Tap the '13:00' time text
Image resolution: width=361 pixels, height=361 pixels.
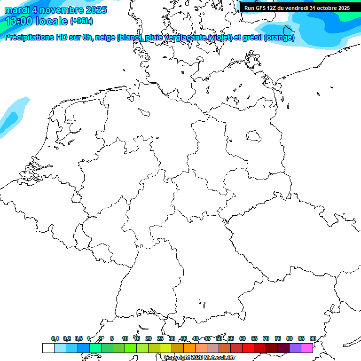pyautogui.click(x=19, y=21)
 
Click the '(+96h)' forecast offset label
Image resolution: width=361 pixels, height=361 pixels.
pyautogui.click(x=81, y=21)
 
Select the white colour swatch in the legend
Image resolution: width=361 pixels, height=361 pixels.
pyautogui.click(x=48, y=348)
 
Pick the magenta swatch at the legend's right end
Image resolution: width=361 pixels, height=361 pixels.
pyautogui.click(x=307, y=348)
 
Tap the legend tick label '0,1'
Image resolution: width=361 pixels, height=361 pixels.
pyautogui.click(x=55, y=339)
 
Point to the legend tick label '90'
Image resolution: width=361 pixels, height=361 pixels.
pyautogui.click(x=313, y=339)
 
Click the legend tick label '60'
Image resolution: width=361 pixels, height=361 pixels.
pyautogui.click(x=243, y=339)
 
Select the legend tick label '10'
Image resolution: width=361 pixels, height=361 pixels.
pyautogui.click(x=125, y=339)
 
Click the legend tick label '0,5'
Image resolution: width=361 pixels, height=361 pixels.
pyautogui.click(x=78, y=339)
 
